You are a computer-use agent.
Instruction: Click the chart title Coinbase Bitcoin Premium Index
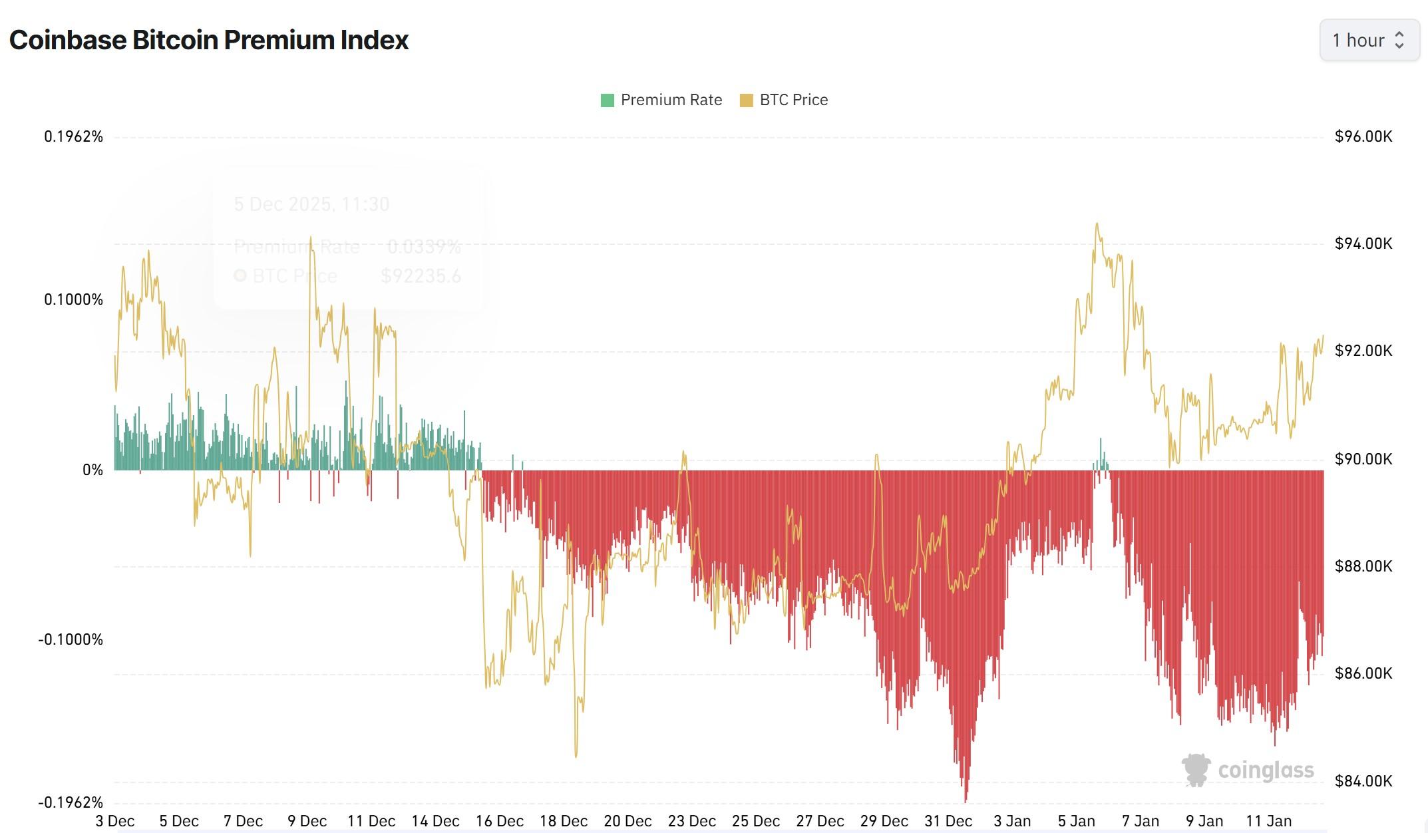coord(209,40)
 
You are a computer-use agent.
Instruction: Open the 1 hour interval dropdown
coord(1369,41)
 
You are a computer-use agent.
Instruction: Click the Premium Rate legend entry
coord(662,100)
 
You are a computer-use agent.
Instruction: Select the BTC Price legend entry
coord(785,100)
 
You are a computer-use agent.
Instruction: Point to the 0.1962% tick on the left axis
coord(74,137)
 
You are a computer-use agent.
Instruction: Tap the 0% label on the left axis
coord(92,470)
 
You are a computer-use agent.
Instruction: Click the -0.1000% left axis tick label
coord(71,640)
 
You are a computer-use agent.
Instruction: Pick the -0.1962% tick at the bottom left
coord(71,802)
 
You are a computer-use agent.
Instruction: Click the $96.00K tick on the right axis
coord(1363,137)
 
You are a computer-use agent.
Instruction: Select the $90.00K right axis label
coord(1363,459)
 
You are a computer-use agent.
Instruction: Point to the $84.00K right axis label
coord(1363,781)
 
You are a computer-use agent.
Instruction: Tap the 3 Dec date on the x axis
coord(115,822)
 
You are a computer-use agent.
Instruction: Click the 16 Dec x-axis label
coord(499,822)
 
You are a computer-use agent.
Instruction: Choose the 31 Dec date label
coord(948,822)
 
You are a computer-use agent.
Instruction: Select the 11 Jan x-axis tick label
coord(1269,822)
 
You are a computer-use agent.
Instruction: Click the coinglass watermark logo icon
coord(1196,770)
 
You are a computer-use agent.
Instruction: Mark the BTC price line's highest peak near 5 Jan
coord(1097,224)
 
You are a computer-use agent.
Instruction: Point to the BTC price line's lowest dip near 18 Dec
coord(576,756)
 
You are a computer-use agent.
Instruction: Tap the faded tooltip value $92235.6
coord(421,276)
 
